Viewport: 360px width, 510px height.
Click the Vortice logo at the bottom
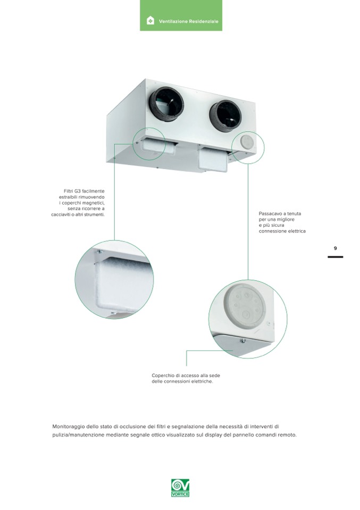tap(180, 488)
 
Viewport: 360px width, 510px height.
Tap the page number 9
tap(336, 248)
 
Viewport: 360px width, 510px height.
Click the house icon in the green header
tap(150, 21)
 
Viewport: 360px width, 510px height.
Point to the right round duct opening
tap(225, 115)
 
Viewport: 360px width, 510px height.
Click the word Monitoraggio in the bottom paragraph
tap(68, 427)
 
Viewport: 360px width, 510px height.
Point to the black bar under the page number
tap(336, 257)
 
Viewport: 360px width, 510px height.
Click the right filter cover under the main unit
tap(214, 161)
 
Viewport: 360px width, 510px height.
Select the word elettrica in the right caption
tap(296, 231)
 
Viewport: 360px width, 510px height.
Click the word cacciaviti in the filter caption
tap(61, 215)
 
